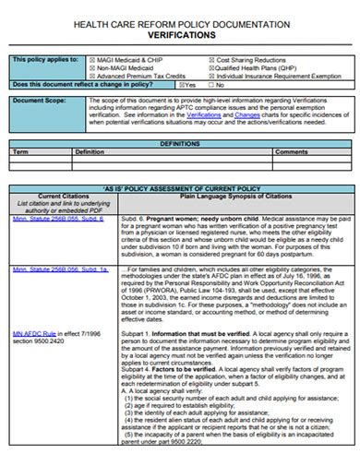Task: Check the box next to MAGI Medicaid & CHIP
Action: coord(89,58)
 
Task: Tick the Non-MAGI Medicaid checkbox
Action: coord(89,66)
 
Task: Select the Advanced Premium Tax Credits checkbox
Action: coord(89,75)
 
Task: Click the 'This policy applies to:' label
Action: coord(45,58)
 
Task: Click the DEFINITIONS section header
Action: coord(179,144)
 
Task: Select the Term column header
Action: coord(20,151)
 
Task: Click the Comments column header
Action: coord(291,151)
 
